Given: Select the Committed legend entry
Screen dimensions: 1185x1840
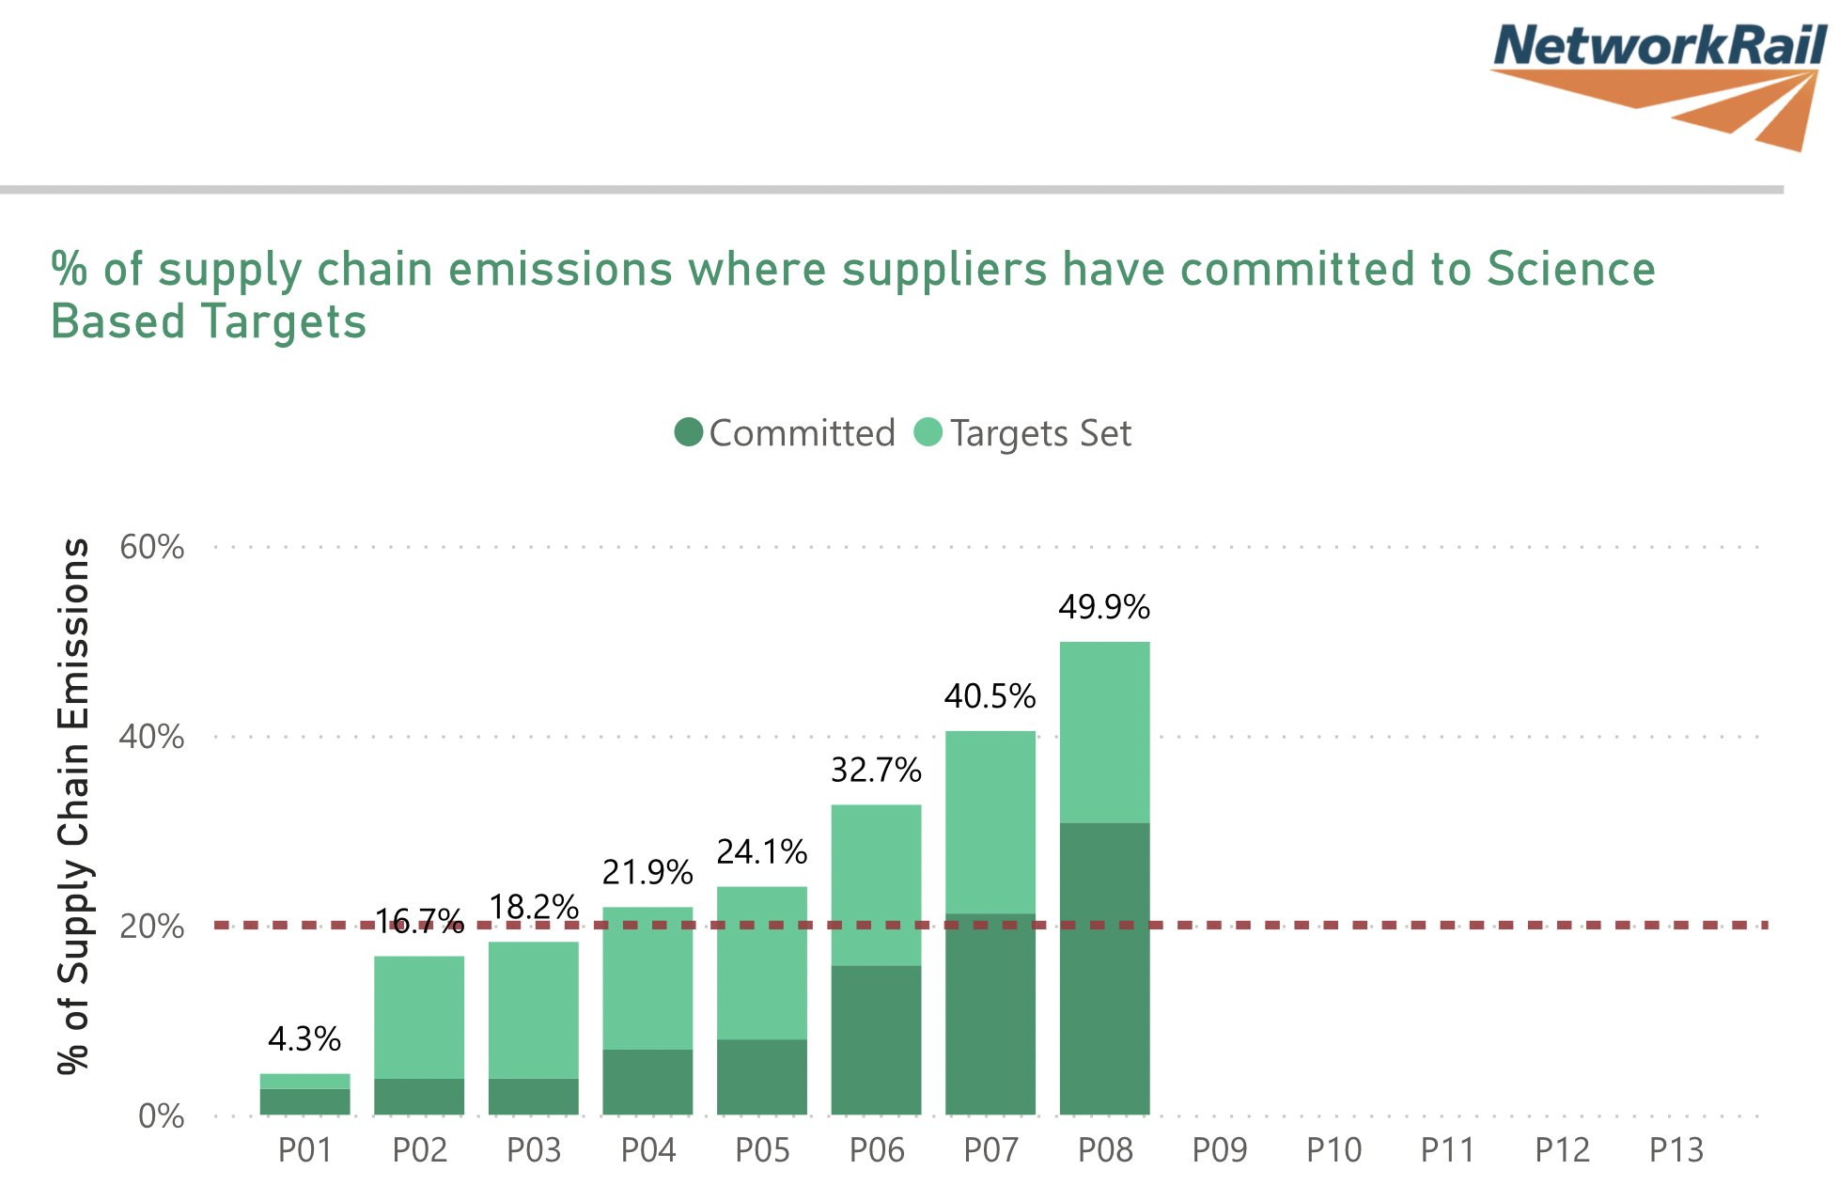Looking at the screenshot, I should [x=786, y=433].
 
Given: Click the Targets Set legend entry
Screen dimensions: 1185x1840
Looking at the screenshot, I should [x=1023, y=433].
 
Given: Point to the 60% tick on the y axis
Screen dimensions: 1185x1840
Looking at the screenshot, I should [x=151, y=547].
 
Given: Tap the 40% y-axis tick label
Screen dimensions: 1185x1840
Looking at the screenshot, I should [x=151, y=737].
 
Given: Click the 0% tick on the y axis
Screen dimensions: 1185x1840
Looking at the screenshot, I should [x=161, y=1116].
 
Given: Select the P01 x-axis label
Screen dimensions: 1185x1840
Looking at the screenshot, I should [x=305, y=1150].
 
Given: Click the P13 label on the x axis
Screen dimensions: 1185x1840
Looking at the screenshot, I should [x=1676, y=1150].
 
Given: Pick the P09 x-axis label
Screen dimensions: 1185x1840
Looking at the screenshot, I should [x=1220, y=1150].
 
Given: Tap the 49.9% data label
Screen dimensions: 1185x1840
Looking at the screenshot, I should [x=1104, y=608].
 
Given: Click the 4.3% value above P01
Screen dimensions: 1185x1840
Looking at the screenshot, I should [x=304, y=1039].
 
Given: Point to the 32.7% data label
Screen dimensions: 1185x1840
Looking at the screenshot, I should [x=876, y=771].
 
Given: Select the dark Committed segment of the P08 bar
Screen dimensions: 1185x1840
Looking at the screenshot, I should [x=1104, y=968].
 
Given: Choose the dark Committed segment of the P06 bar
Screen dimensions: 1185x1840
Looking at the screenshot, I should [x=876, y=1039].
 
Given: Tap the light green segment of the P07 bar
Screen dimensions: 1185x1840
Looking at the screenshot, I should [x=990, y=822].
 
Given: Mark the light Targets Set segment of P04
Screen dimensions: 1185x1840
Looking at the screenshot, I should [x=647, y=977].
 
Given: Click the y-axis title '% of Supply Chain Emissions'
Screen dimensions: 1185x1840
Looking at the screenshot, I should [x=73, y=806].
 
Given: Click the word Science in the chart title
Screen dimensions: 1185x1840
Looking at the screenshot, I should [x=1570, y=270].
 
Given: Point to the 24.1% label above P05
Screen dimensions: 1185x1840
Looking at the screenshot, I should [x=762, y=852].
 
